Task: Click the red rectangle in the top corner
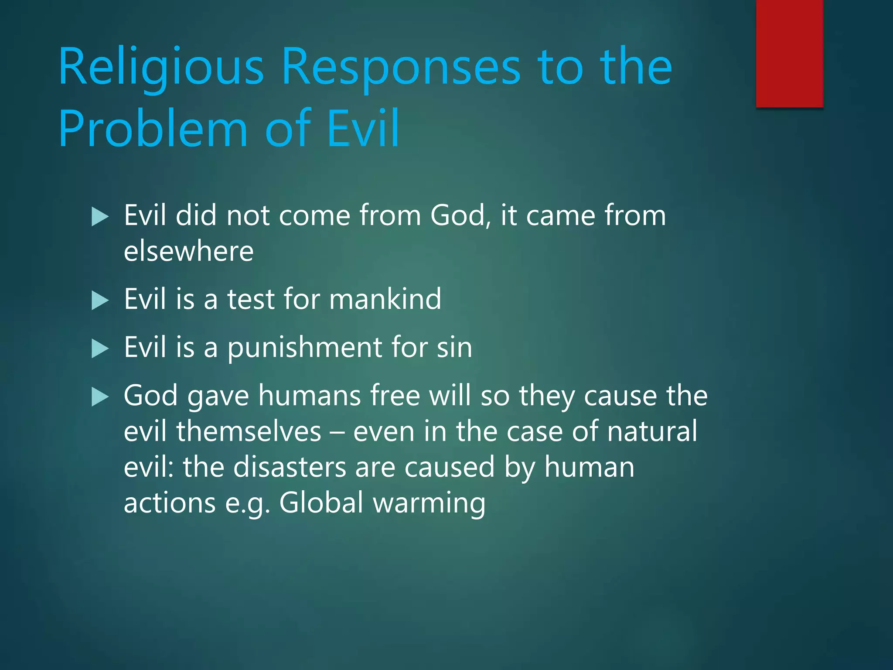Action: click(789, 53)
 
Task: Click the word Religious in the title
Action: click(161, 66)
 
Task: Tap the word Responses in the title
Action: click(401, 66)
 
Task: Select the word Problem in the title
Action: click(153, 129)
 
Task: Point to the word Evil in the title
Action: click(363, 128)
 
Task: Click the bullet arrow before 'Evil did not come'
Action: click(100, 217)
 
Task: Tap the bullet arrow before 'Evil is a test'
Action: click(100, 301)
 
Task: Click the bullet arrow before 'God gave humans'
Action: click(100, 397)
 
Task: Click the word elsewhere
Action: click(188, 251)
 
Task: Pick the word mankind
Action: click(385, 299)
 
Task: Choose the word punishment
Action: click(304, 348)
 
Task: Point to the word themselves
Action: click(249, 431)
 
